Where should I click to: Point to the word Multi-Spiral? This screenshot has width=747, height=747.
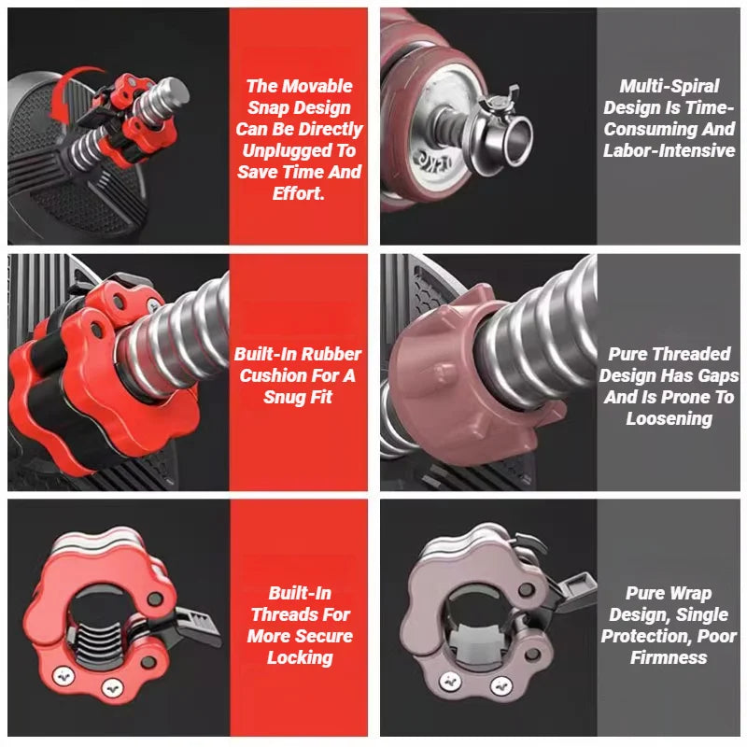pyautogui.click(x=669, y=86)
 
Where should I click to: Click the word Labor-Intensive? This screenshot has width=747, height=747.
pyautogui.click(x=669, y=150)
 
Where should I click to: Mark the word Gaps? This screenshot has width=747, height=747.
pyautogui.click(x=717, y=376)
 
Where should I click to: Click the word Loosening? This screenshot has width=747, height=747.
pyautogui.click(x=669, y=418)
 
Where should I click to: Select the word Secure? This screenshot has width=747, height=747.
pyautogui.click(x=323, y=637)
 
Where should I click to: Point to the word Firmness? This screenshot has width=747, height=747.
pyautogui.click(x=669, y=658)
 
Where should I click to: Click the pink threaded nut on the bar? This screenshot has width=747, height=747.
pyautogui.click(x=472, y=376)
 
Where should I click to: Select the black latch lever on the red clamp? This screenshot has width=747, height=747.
pyautogui.click(x=194, y=624)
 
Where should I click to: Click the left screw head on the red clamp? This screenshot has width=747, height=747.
pyautogui.click(x=63, y=676)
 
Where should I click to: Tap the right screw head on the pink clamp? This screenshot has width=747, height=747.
pyautogui.click(x=501, y=686)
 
